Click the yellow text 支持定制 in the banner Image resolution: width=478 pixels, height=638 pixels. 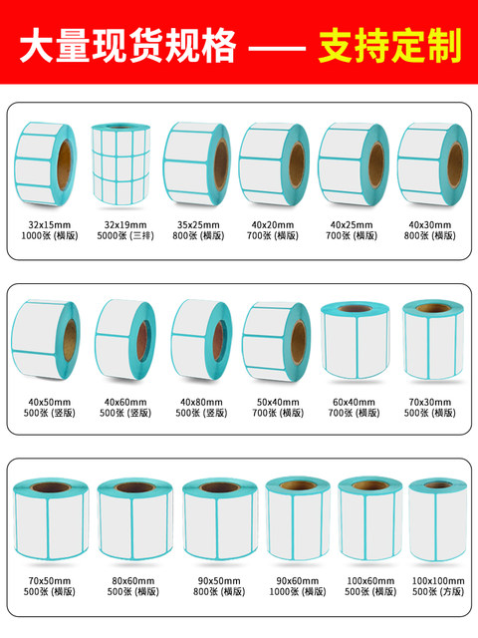[389, 45]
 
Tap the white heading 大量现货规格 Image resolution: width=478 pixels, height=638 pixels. [128, 45]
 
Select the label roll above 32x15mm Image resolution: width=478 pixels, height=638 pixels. [46, 163]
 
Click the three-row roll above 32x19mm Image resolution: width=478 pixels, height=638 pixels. [120, 164]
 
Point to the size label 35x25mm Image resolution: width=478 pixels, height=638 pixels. [198, 224]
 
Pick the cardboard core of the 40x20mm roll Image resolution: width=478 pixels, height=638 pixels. [297, 164]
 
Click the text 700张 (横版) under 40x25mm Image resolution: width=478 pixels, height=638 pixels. [352, 235]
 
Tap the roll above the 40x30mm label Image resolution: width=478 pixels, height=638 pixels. [432, 163]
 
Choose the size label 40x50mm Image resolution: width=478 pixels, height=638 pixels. [49, 402]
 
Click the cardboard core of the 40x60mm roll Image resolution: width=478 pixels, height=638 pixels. [143, 341]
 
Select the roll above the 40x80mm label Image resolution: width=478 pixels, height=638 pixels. [201, 340]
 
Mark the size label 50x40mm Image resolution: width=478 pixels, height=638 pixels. [278, 402]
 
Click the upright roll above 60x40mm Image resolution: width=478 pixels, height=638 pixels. [356, 341]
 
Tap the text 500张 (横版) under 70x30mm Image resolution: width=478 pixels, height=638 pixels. [430, 413]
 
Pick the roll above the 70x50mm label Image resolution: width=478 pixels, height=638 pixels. [51, 518]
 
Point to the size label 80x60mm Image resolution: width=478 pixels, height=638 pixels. [133, 580]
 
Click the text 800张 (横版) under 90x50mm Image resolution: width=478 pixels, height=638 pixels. [219, 591]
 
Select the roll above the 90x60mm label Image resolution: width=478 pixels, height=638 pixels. [298, 518]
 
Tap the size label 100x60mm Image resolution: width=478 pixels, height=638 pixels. [370, 580]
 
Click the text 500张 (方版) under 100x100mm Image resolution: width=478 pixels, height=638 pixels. [438, 591]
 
